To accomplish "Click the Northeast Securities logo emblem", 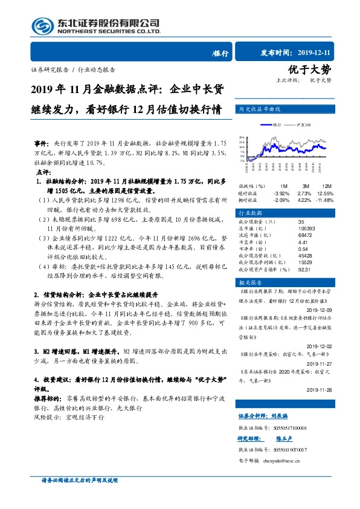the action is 42,25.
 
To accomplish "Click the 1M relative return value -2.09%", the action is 281,199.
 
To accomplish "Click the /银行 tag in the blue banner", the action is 220,53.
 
